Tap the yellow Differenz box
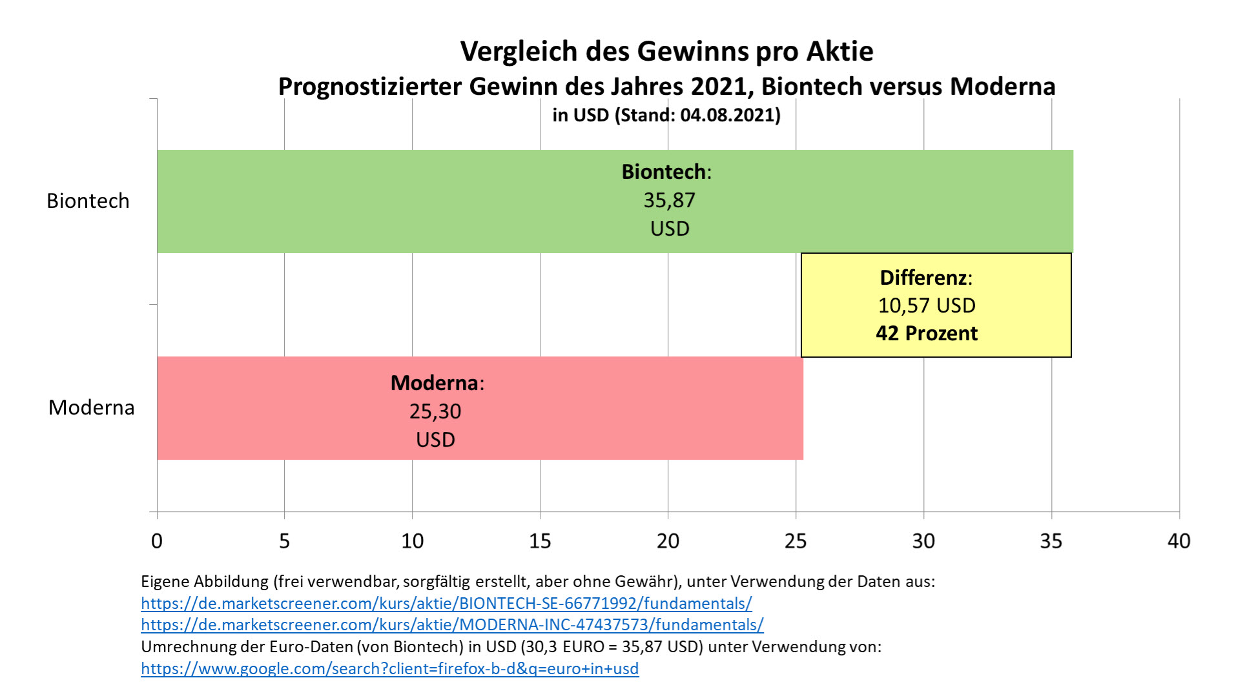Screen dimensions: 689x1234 point(936,305)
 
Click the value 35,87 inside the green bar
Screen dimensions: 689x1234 point(669,200)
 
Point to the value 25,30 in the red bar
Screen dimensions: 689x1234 point(435,411)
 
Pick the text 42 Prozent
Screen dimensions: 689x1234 point(927,333)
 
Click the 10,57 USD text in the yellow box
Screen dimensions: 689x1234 point(927,305)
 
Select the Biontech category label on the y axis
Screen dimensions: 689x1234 point(88,201)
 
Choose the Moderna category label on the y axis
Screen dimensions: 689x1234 point(91,407)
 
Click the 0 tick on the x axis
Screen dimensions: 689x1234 point(157,540)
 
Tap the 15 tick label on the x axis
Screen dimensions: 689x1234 point(540,540)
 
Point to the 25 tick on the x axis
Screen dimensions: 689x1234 point(796,540)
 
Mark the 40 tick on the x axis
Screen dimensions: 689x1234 point(1178,540)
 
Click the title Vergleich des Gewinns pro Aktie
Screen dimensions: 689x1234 point(666,51)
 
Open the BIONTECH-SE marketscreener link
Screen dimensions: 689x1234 point(446,603)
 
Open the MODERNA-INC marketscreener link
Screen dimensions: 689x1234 point(452,624)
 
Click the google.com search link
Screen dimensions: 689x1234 point(389,668)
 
